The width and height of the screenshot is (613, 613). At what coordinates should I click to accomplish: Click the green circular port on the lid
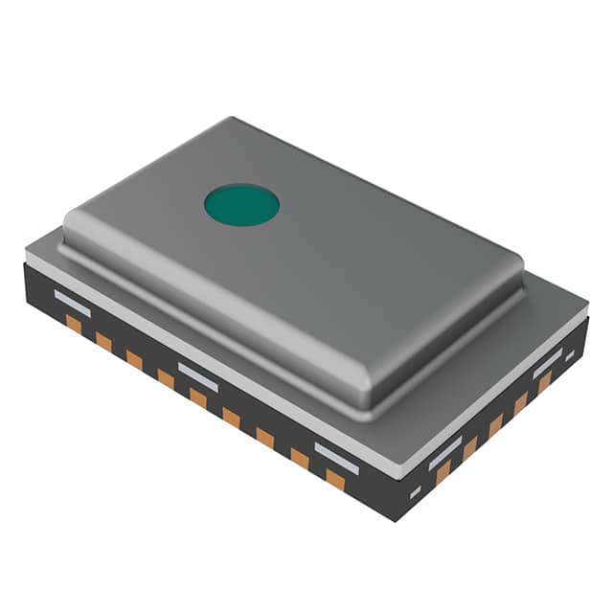point(241,204)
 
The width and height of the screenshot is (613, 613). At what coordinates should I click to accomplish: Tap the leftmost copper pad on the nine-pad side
point(74,324)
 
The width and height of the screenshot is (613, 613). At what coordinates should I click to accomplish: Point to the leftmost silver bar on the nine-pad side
point(72,304)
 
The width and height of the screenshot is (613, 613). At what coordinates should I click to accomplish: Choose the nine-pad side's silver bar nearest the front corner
point(336,457)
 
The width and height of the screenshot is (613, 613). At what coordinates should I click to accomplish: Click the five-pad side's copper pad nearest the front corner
point(443,470)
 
